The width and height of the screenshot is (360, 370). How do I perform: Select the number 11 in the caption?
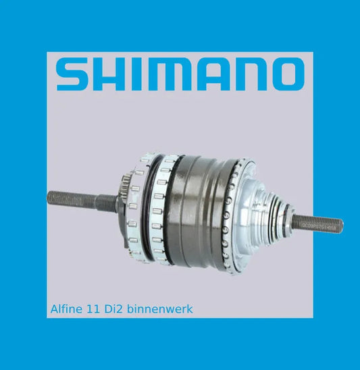[93, 309]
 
